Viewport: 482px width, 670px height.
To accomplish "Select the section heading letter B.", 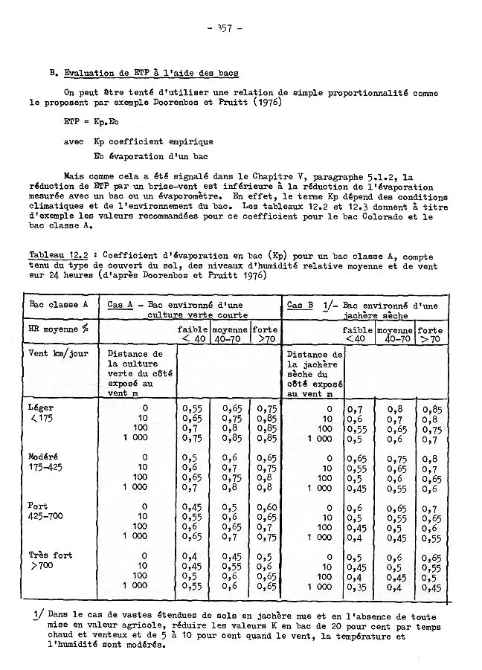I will [51, 73].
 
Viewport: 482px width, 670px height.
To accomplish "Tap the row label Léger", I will [40, 408].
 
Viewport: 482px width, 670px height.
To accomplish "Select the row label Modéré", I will [43, 456].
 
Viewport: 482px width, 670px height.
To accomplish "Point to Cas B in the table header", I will [300, 305].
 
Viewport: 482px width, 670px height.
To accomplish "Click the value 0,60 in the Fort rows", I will [266, 506].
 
